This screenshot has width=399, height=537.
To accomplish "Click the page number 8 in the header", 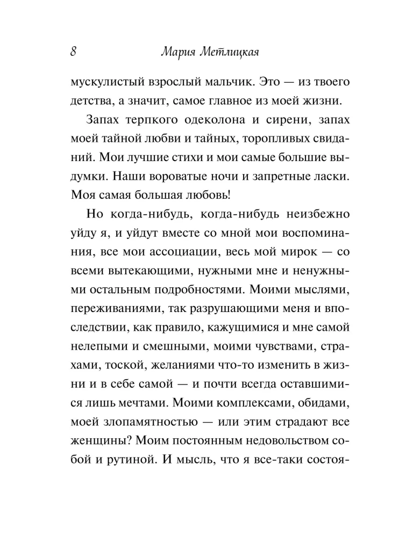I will tap(74, 52).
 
